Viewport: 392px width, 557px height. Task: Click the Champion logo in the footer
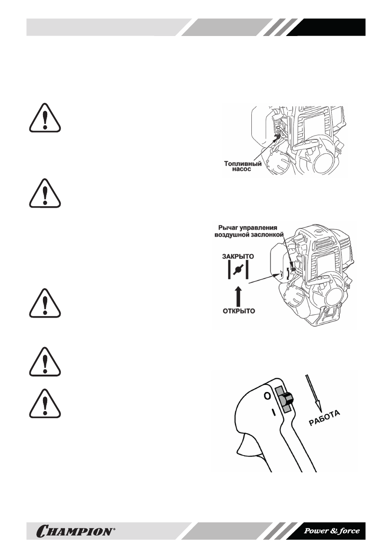[74, 531]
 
